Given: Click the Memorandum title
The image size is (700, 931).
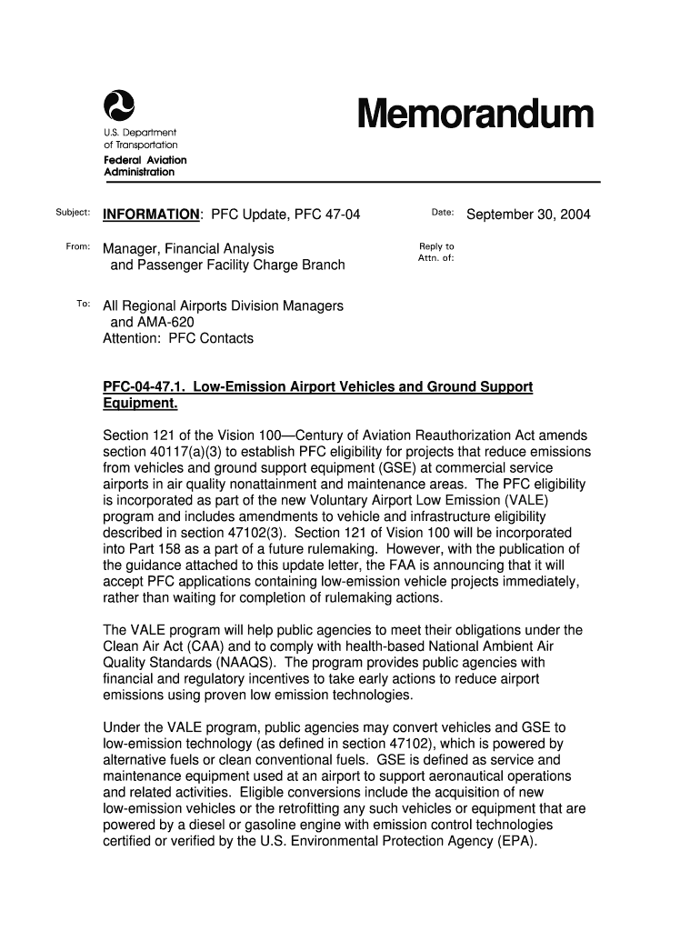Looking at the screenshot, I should [x=475, y=116].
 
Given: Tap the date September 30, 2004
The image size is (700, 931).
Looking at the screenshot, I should [x=528, y=215].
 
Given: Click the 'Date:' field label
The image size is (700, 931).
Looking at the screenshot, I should [x=443, y=213].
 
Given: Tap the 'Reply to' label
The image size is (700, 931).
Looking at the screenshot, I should [x=436, y=246].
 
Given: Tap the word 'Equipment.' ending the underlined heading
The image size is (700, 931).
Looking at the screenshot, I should [x=140, y=403].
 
